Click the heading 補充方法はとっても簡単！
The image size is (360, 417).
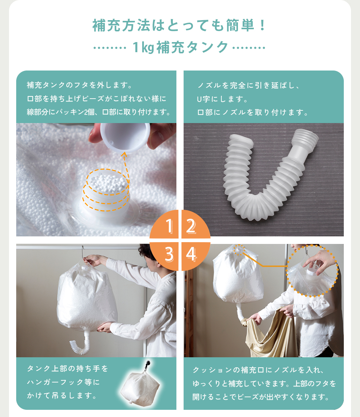coord(180,26)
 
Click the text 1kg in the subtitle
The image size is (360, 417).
coord(143,47)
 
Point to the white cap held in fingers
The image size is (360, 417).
coord(125,137)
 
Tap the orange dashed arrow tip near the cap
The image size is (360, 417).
coord(124,153)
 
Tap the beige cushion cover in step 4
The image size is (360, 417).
coord(269,332)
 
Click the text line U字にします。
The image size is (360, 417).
coord(222,99)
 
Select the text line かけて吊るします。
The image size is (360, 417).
coord(62,395)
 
